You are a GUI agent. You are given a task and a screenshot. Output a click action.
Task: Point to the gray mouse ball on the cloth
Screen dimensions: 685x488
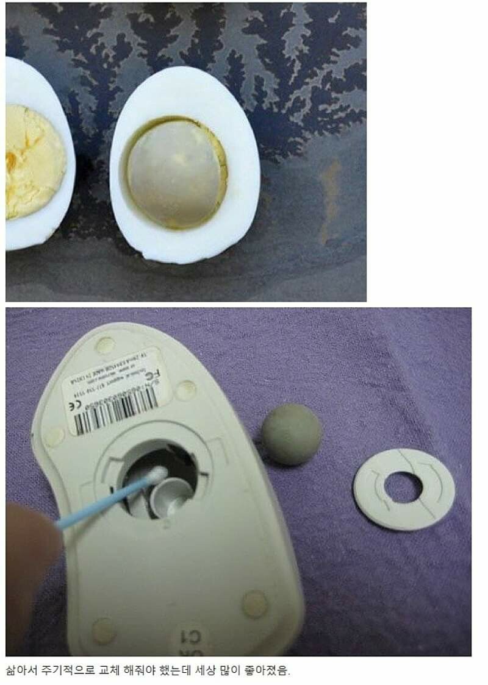pos(292,435)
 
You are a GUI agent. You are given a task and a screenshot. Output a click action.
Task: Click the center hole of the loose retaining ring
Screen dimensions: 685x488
pos(403,488)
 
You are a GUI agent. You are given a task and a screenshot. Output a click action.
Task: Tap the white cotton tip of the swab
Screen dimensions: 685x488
pos(157,475)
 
